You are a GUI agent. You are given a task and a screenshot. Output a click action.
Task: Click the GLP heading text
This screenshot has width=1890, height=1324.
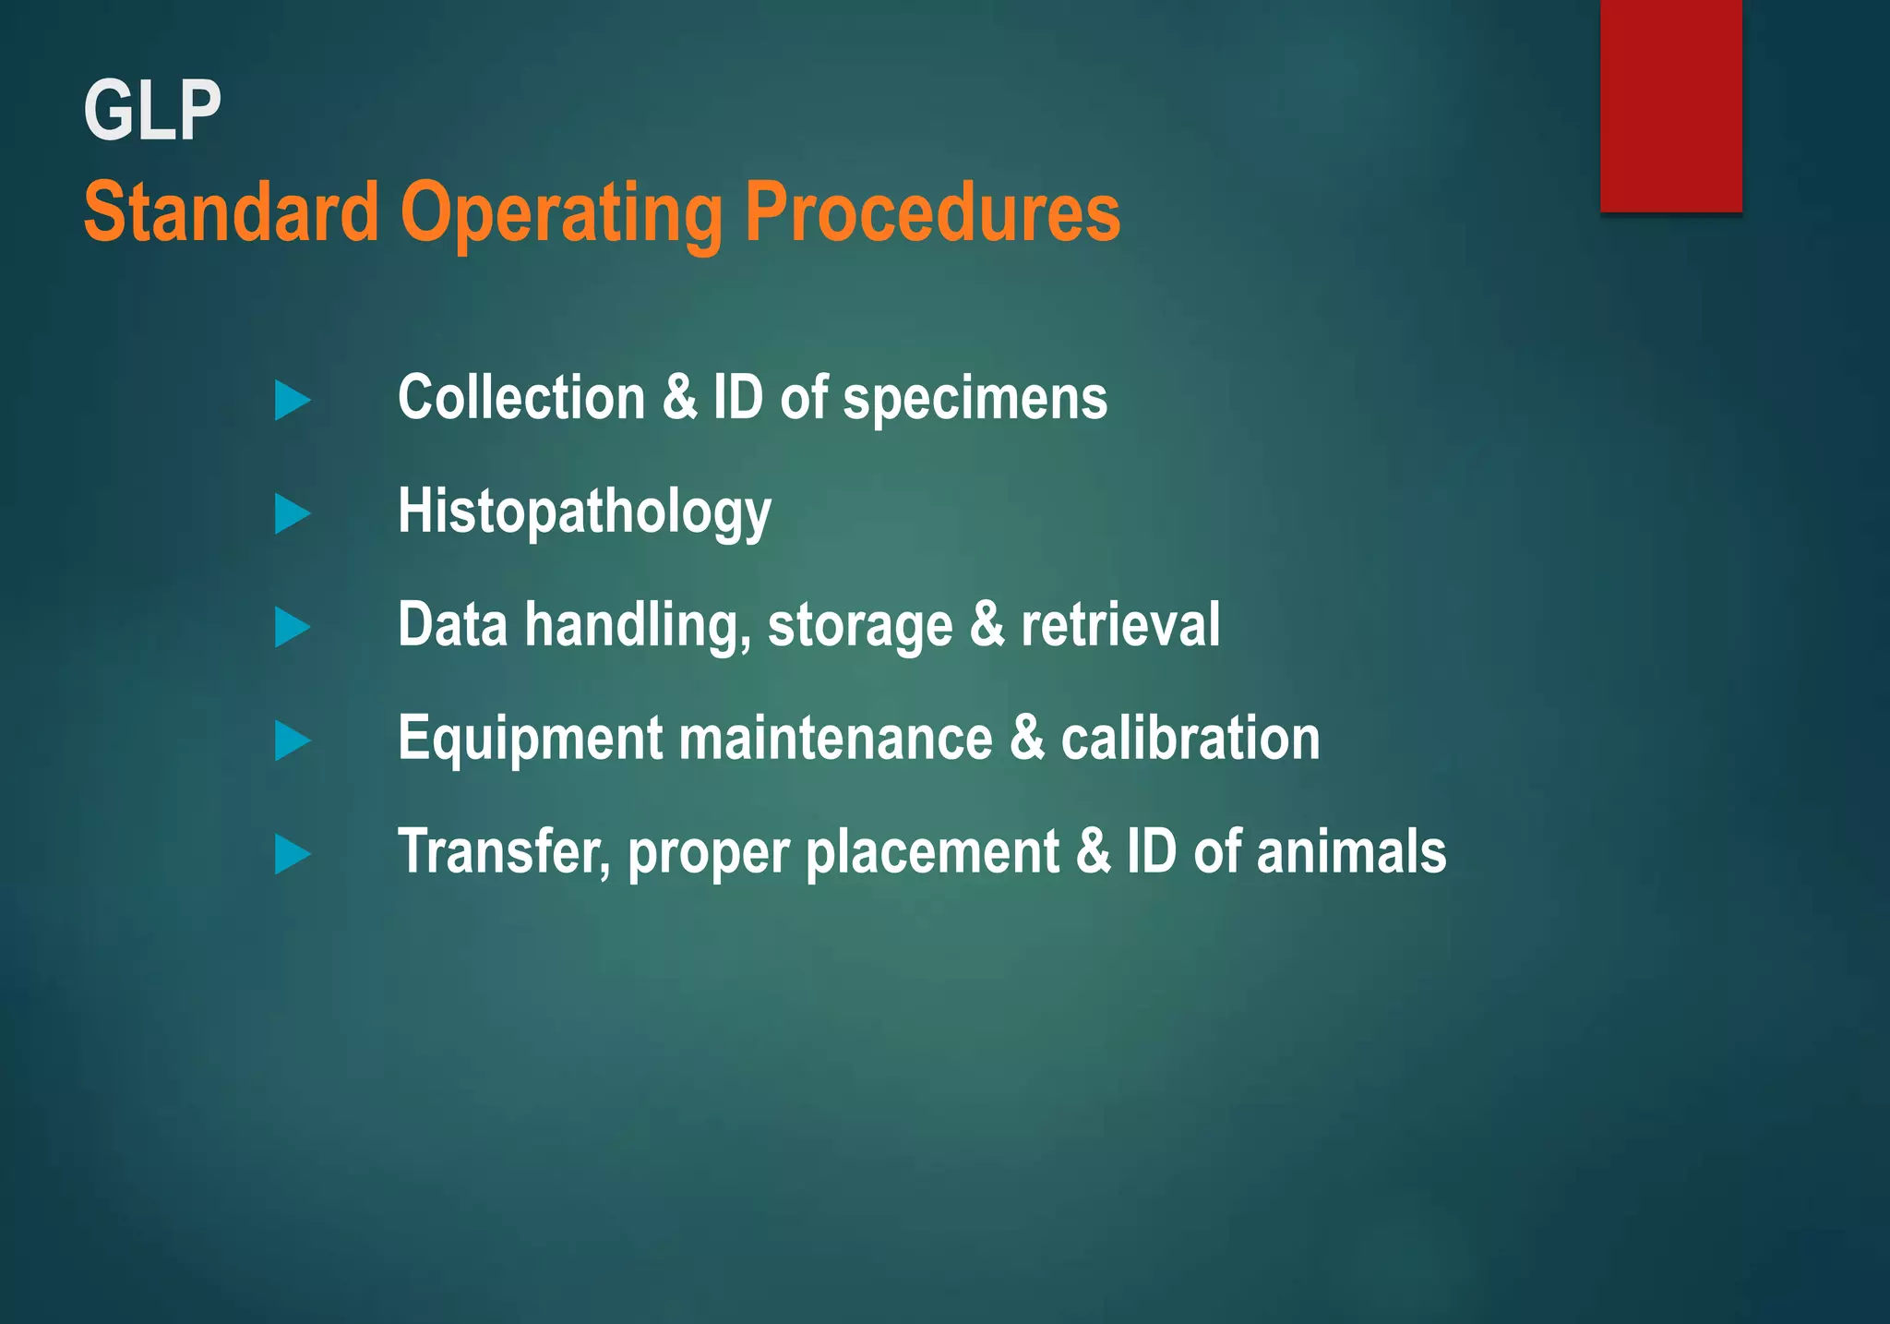pos(152,111)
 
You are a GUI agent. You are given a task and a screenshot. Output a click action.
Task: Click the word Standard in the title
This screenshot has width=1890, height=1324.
pos(231,212)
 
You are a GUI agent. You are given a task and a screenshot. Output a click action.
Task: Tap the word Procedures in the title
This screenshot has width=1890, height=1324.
pos(932,212)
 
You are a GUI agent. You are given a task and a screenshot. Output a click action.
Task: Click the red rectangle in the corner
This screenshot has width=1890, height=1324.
pos(1670,106)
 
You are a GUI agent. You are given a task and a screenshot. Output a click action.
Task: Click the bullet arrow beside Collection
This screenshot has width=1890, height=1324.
pos(292,401)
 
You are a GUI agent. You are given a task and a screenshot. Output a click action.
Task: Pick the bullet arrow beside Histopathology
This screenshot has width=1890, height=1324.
pos(292,514)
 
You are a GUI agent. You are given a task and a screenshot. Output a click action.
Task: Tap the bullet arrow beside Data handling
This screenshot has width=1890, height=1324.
pos(292,628)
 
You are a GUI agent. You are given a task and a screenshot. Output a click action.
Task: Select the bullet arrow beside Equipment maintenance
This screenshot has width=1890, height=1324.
pos(292,741)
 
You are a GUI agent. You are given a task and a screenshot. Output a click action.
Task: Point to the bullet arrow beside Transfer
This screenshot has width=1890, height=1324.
pos(292,855)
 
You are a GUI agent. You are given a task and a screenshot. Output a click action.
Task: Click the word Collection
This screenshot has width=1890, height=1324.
pos(521,398)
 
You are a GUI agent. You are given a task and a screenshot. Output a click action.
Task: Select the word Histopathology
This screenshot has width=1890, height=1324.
pos(584,512)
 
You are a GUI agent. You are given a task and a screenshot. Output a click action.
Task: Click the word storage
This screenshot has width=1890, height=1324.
pos(859,626)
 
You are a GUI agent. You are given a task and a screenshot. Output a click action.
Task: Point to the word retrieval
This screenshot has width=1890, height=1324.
pos(1119,625)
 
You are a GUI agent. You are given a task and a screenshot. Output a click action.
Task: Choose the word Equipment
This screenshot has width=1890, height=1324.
pos(530,740)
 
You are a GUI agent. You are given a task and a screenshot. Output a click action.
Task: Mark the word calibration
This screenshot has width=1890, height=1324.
pos(1190,739)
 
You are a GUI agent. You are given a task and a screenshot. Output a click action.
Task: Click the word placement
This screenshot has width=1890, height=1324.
pos(932,853)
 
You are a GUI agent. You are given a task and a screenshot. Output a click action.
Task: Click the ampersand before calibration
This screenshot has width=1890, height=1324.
pos(1026,739)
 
